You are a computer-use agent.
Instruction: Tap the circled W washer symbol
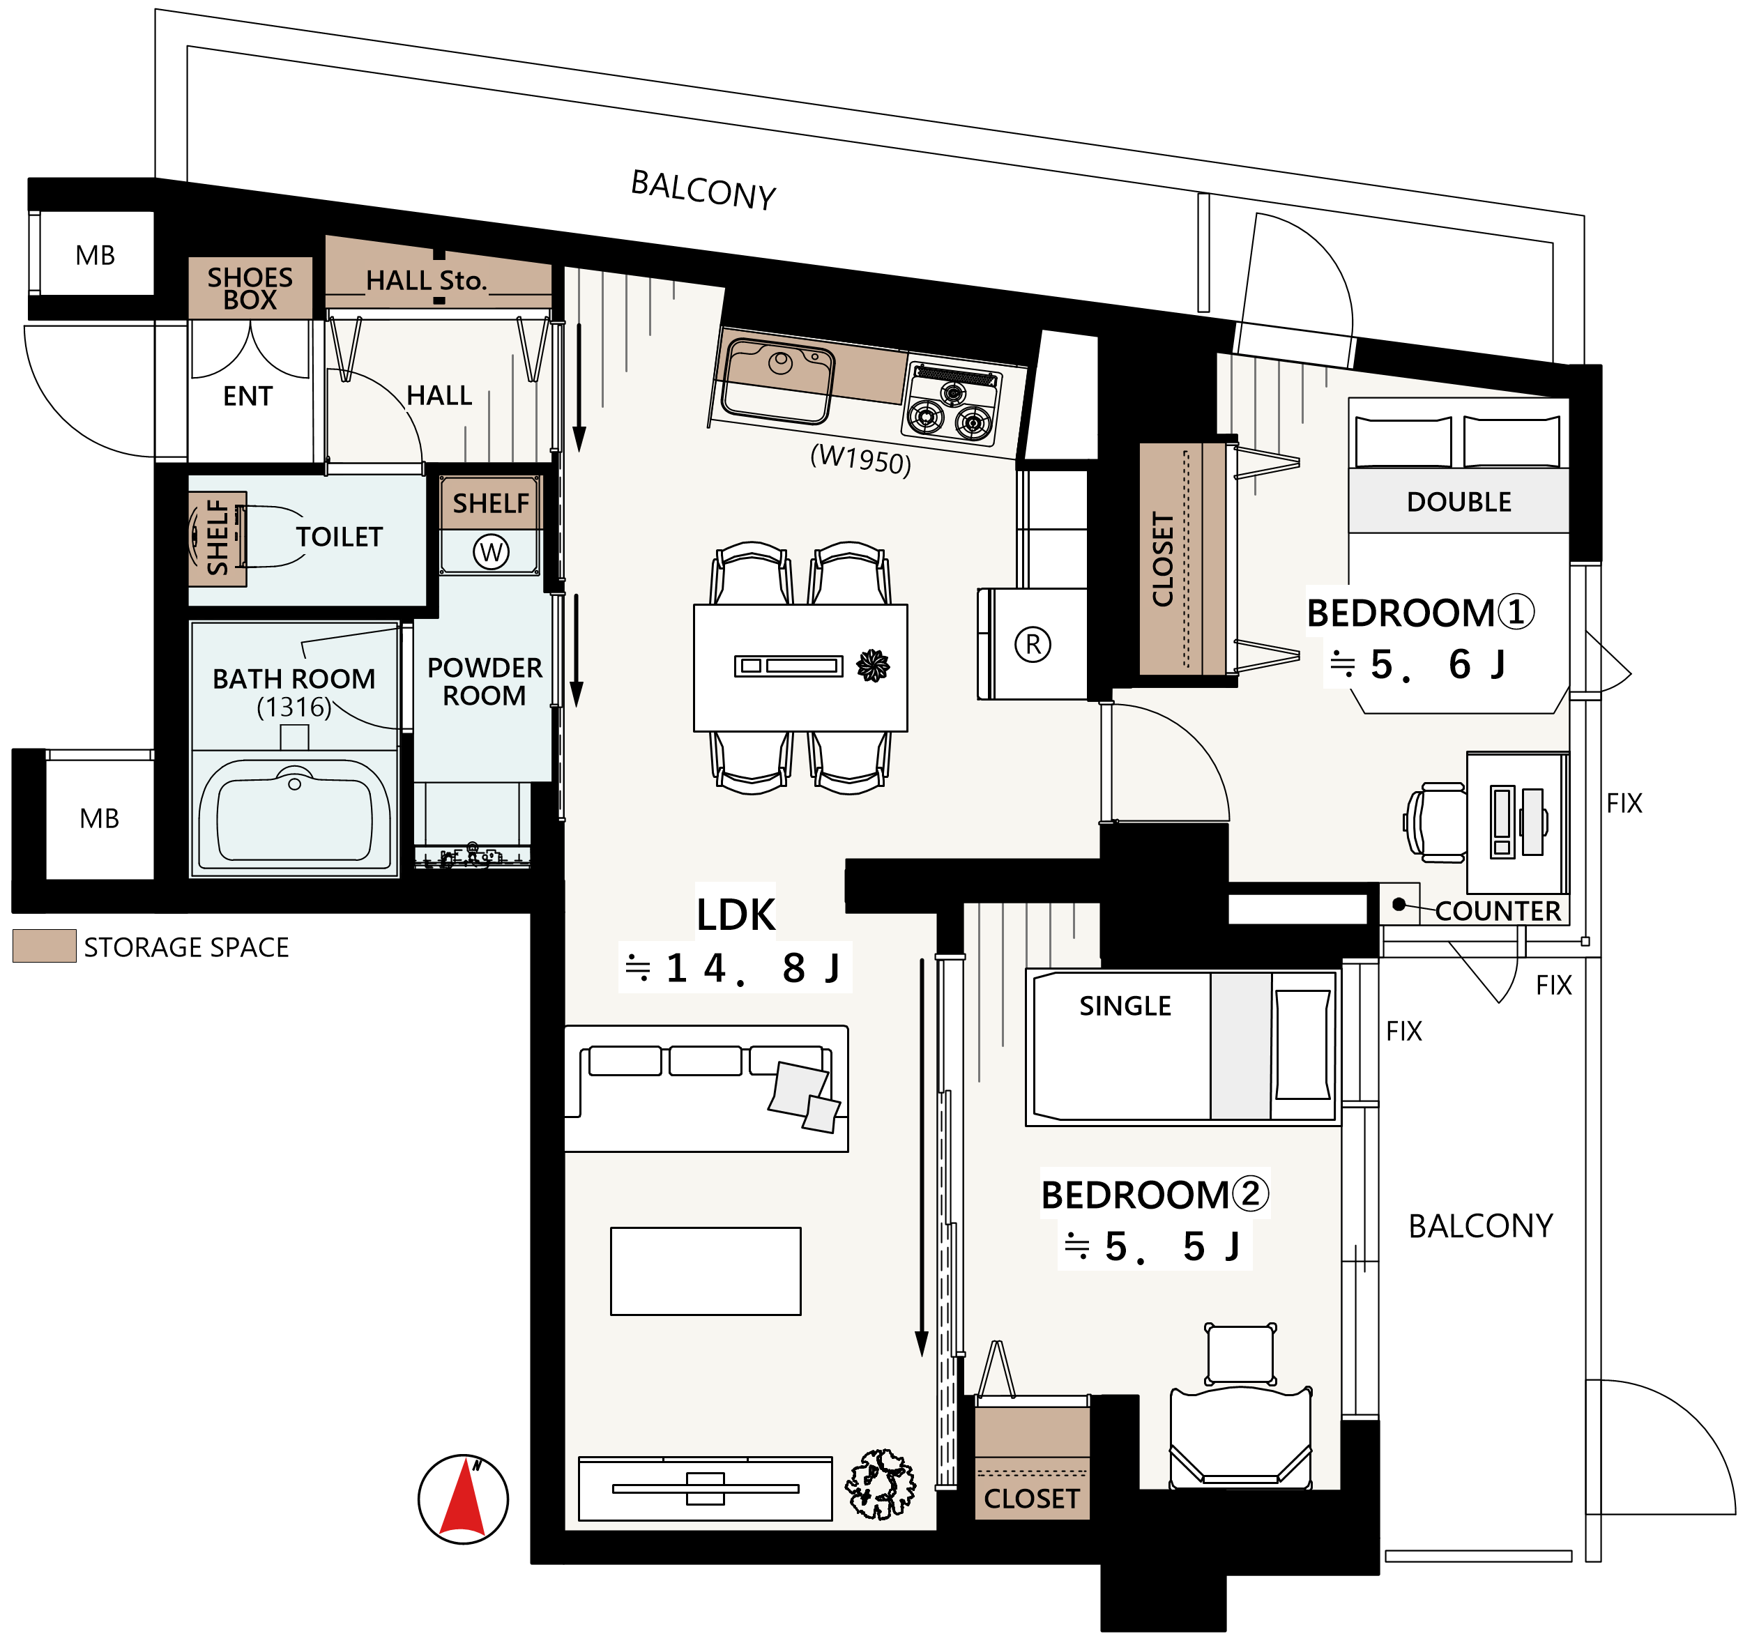tap(491, 552)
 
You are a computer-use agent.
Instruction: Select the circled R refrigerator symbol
tap(1033, 644)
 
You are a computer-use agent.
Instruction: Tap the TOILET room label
tap(339, 537)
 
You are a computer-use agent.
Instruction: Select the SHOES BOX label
tap(250, 289)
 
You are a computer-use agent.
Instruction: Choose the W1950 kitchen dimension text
tap(861, 459)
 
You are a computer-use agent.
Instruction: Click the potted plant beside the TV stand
tap(881, 1484)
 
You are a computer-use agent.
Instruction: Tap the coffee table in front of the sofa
tap(705, 1271)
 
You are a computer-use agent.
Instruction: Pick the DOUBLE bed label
tap(1459, 502)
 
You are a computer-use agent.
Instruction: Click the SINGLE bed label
tap(1125, 1006)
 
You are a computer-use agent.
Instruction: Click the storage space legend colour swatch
tap(44, 946)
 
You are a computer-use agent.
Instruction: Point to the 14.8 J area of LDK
tap(733, 968)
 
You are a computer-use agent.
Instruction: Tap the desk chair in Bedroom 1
tap(1434, 822)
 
